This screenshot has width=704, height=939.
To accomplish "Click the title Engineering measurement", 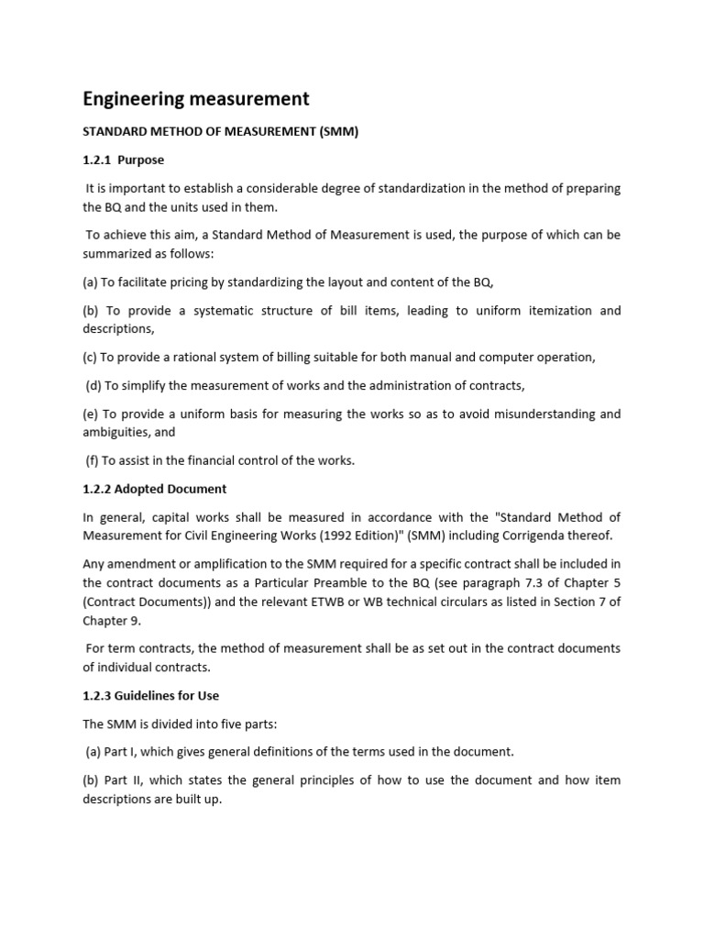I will click(x=196, y=98).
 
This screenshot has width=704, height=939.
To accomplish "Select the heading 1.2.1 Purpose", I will click(x=124, y=160).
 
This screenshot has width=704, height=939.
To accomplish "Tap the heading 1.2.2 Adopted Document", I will click(x=155, y=489).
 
